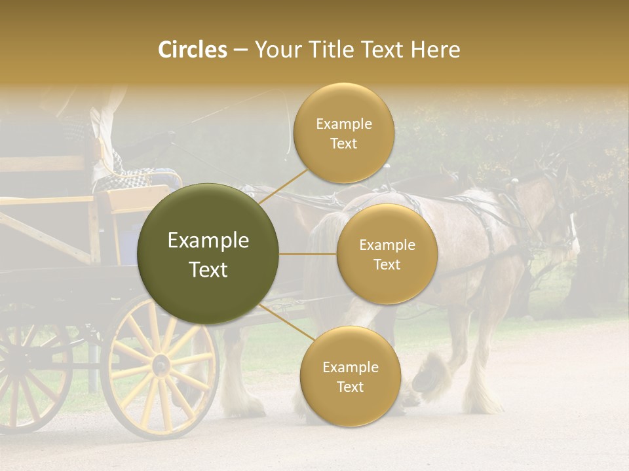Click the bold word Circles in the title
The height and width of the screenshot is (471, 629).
pos(193,50)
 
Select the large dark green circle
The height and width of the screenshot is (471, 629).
pos(208,254)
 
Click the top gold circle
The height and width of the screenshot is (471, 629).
pos(343,133)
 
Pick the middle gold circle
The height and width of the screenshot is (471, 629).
pos(387,254)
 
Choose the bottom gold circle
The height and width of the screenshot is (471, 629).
pos(350,376)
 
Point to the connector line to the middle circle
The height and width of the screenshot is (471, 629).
pos(308,254)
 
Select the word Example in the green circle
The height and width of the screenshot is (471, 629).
pos(208,241)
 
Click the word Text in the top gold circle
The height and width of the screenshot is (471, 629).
pos(343,144)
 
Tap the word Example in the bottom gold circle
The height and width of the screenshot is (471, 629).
pos(350,367)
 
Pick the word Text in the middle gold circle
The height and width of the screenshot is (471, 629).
pos(387,265)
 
